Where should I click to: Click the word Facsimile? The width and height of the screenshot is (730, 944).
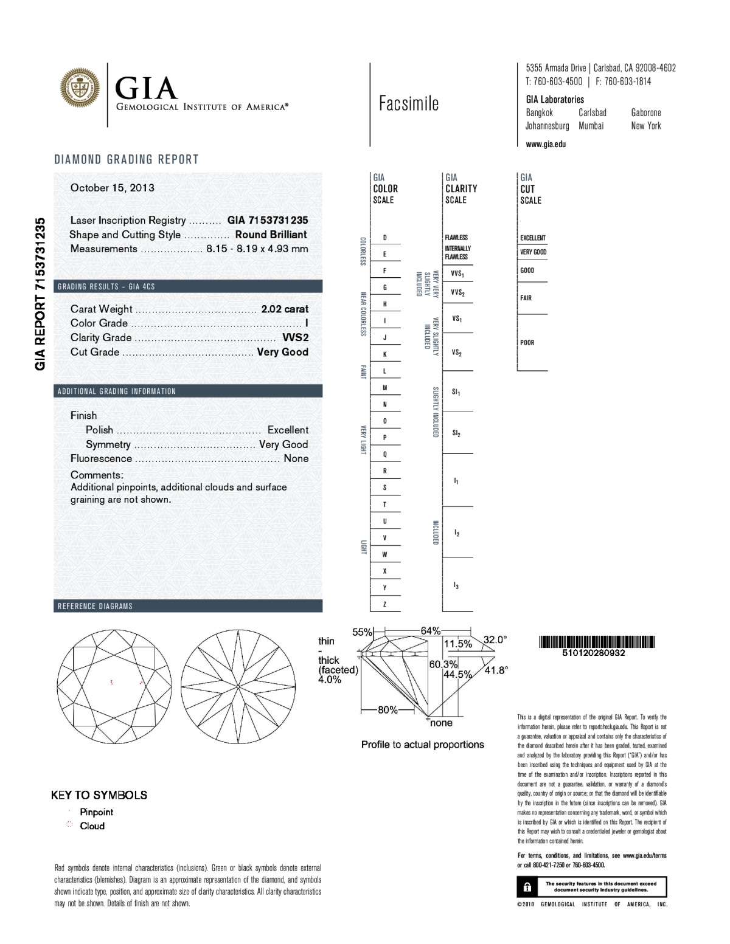point(408,103)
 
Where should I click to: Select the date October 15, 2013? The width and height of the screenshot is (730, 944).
point(113,188)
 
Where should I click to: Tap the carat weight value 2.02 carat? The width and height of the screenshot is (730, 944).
point(285,309)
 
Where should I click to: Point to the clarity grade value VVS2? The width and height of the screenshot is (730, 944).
point(296,337)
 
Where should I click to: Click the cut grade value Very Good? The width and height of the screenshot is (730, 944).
point(282,352)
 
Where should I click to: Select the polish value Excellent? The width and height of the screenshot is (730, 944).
point(288,430)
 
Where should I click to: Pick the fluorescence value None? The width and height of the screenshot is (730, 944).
point(296,458)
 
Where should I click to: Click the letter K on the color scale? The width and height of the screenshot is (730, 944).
point(384,354)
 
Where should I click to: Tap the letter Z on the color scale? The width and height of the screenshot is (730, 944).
point(384,604)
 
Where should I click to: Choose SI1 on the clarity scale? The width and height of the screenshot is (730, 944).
point(456,393)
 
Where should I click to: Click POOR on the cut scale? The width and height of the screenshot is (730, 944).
point(527,343)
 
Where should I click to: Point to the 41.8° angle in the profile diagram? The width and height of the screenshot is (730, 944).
point(496,670)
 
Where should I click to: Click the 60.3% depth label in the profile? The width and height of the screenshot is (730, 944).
point(443,664)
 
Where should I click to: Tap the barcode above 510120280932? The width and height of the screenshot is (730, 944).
point(596,641)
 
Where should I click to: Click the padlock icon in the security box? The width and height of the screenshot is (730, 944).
point(527,887)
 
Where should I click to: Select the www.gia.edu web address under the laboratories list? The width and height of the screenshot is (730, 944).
point(546,145)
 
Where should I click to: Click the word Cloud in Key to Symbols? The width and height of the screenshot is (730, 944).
point(92,826)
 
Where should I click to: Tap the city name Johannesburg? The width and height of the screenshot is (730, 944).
point(547,126)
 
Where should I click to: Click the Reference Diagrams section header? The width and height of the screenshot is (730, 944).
point(95,606)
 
